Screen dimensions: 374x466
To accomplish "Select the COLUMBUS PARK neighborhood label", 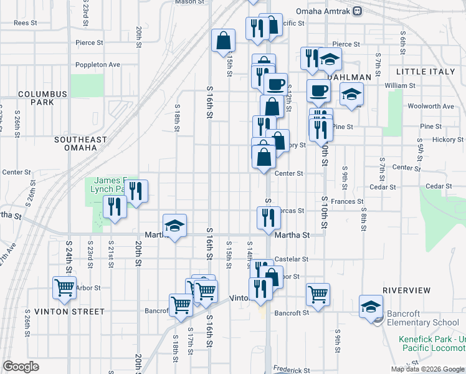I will [x=42, y=98].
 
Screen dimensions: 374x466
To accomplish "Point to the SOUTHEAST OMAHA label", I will [x=80, y=144].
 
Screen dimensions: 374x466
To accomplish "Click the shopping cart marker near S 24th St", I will [x=65, y=288].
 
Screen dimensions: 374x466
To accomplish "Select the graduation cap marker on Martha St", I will [x=175, y=225].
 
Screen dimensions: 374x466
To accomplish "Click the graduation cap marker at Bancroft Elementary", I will [x=371, y=306].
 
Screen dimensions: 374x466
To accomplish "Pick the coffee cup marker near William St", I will [x=318, y=90].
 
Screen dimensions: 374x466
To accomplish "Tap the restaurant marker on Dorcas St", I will [x=269, y=218].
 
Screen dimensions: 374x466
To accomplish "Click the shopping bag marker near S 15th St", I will [x=223, y=41].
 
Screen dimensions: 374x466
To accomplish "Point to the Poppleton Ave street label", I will [x=97, y=64].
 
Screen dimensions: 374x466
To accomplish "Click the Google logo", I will [x=20, y=367].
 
